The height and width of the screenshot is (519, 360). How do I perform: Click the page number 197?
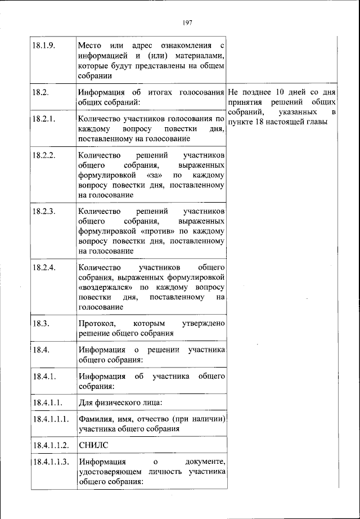(x=188, y=23)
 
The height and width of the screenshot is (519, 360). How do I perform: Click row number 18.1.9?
(x=43, y=46)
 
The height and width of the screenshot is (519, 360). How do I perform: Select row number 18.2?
(x=39, y=92)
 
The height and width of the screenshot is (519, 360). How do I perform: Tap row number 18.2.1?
(x=43, y=119)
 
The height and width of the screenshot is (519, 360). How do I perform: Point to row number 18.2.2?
(x=43, y=155)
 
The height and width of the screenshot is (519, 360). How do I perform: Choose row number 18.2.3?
(x=43, y=211)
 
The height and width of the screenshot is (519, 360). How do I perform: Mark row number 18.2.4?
(x=43, y=267)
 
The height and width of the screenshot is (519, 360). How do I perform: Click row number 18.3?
(x=39, y=323)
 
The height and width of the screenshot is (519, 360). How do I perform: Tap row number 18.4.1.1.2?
(x=50, y=445)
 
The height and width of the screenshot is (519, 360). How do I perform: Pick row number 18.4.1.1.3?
(x=50, y=462)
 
